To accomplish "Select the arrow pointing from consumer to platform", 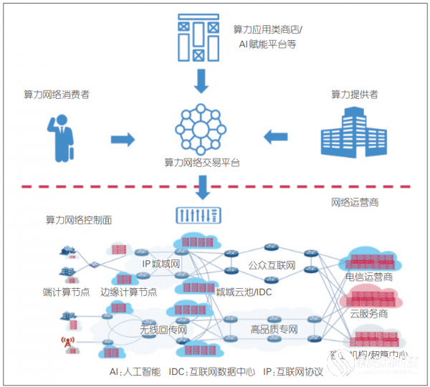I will click(x=123, y=138).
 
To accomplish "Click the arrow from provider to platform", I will click(x=277, y=135).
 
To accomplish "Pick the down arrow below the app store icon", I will click(x=201, y=83).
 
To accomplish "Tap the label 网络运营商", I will click(x=354, y=203).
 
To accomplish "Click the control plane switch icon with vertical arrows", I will click(x=199, y=215).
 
